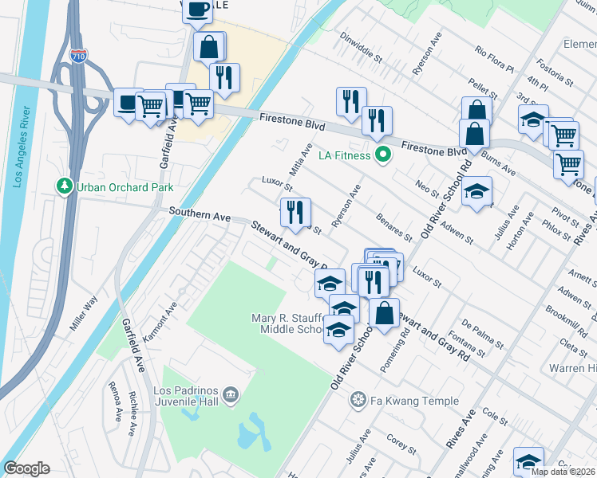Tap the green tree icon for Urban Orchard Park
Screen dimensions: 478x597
pos(64,186)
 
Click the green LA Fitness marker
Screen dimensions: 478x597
pos(382,155)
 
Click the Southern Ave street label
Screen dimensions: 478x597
pos(200,216)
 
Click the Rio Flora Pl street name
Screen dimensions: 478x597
pos(495,59)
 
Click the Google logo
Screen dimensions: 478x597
pos(27,468)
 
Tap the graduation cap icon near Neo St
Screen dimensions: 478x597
pos(476,191)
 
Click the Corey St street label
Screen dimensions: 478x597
pos(398,441)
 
